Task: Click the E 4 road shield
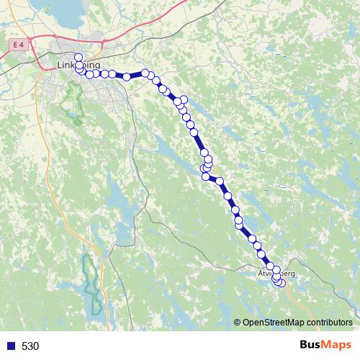click(19, 45)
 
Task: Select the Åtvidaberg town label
click(276, 274)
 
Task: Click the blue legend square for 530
click(9, 346)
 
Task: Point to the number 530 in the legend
click(30, 346)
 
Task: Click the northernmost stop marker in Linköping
click(78, 58)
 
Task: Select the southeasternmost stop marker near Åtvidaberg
click(282, 284)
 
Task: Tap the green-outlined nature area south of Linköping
click(71, 104)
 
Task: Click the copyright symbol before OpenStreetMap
click(238, 322)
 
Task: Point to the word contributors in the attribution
click(328, 322)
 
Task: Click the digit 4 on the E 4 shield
click(22, 45)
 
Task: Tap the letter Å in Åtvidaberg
click(260, 274)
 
